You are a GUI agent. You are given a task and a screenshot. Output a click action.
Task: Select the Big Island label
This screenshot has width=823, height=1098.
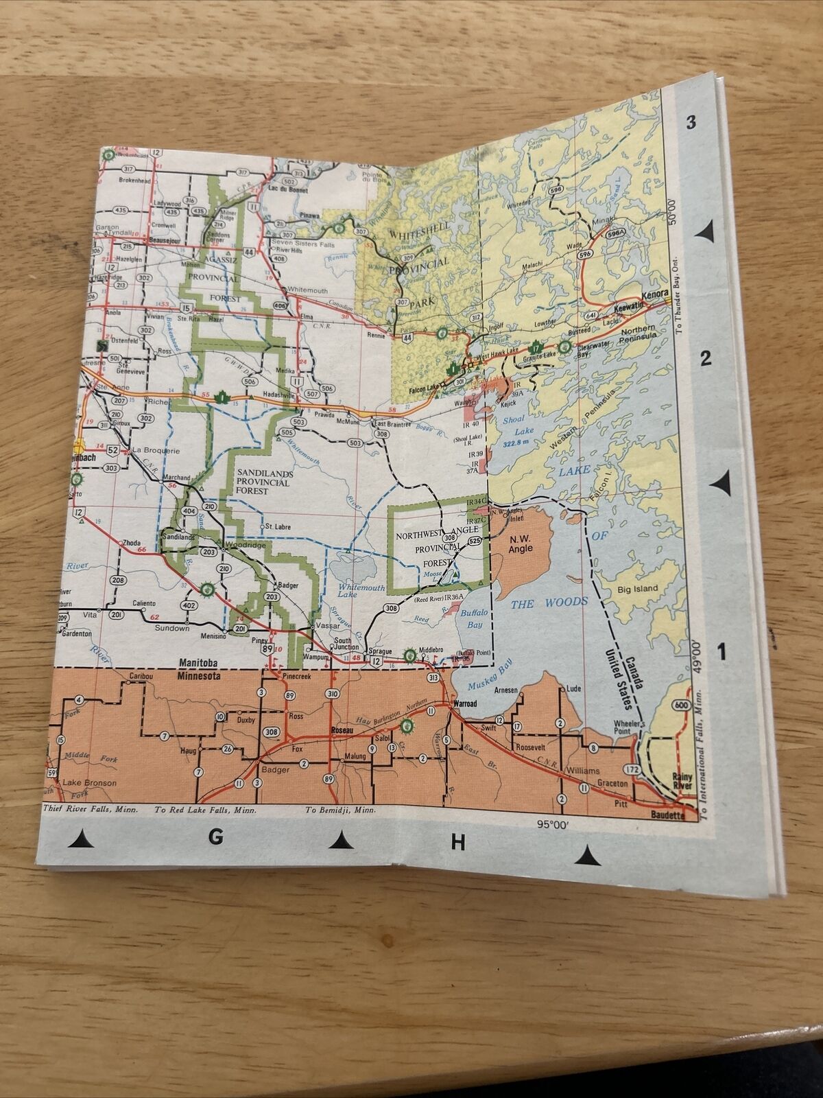(637, 588)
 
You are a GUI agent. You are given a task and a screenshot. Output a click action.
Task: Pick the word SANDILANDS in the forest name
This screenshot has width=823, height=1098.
(260, 473)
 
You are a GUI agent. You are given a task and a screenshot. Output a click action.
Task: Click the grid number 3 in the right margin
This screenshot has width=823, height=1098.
(691, 124)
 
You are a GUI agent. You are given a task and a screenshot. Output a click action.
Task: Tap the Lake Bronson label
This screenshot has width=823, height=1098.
(89, 782)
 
